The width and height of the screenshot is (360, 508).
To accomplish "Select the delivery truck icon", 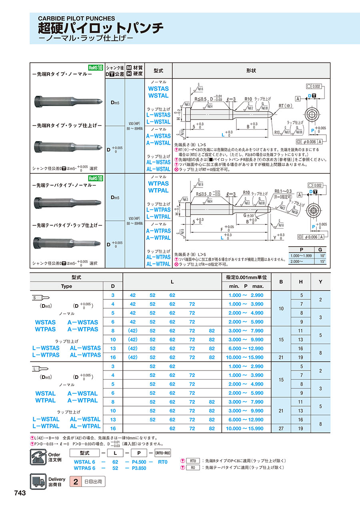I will click(x=38, y=481).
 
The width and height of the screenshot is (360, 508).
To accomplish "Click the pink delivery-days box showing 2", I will click(x=75, y=482).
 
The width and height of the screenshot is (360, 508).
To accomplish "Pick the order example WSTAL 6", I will click(x=84, y=462).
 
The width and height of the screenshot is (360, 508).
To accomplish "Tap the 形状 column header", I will click(x=252, y=70).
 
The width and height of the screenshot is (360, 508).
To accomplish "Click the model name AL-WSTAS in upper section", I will click(x=158, y=162).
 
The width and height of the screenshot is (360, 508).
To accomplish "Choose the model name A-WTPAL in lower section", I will click(x=158, y=237).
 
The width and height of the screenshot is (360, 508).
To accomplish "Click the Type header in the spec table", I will click(x=66, y=286).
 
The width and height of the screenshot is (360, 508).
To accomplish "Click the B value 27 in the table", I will click(x=281, y=428).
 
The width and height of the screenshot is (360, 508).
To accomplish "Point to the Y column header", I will click(x=320, y=281).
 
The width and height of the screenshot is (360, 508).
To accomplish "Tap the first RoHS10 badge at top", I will click(x=96, y=68).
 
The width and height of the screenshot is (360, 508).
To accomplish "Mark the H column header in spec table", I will click(x=301, y=281).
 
